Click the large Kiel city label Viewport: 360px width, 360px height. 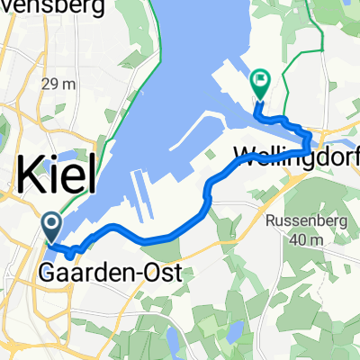(57, 175)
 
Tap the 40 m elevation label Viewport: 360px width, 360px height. (306, 240)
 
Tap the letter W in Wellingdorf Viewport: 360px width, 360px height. (243, 152)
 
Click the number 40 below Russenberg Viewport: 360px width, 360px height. (296, 240)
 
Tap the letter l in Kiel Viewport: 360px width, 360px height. (90, 173)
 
